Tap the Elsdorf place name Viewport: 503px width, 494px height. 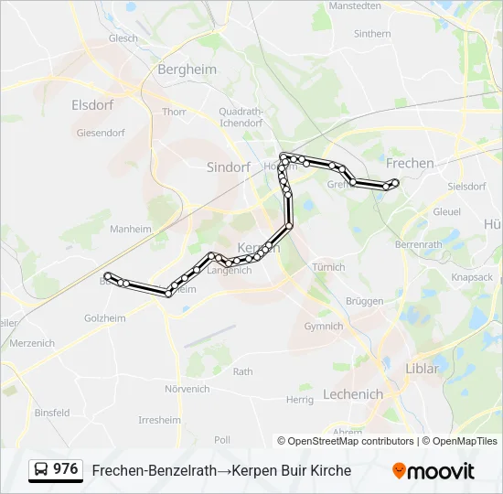(x=92, y=105)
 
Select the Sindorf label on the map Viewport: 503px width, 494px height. (x=229, y=167)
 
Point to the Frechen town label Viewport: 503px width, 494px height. (x=411, y=163)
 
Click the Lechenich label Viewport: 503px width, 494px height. (x=352, y=394)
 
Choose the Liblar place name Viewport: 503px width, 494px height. (x=422, y=369)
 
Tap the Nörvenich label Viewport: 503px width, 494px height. (x=187, y=389)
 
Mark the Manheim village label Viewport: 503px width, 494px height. (x=130, y=230)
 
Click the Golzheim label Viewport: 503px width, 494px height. (x=105, y=317)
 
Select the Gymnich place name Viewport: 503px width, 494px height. (x=324, y=327)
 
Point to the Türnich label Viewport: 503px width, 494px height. (x=328, y=267)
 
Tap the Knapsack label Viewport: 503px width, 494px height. (x=472, y=277)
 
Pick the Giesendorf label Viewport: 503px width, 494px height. (x=101, y=133)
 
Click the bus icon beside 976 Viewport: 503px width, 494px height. (x=41, y=470)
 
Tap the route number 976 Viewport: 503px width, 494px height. (x=66, y=469)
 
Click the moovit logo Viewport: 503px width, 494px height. (x=433, y=471)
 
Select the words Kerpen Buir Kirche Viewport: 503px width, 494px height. (x=291, y=470)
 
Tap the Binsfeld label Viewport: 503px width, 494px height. (x=52, y=413)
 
